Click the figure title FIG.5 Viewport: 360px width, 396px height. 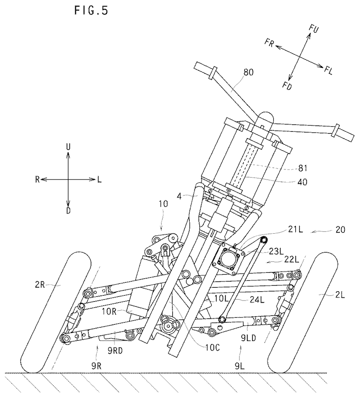(90, 10)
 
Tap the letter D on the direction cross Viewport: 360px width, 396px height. (68, 211)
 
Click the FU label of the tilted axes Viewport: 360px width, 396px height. (313, 29)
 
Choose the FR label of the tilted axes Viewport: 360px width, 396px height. (270, 42)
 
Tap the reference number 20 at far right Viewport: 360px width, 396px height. (340, 230)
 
